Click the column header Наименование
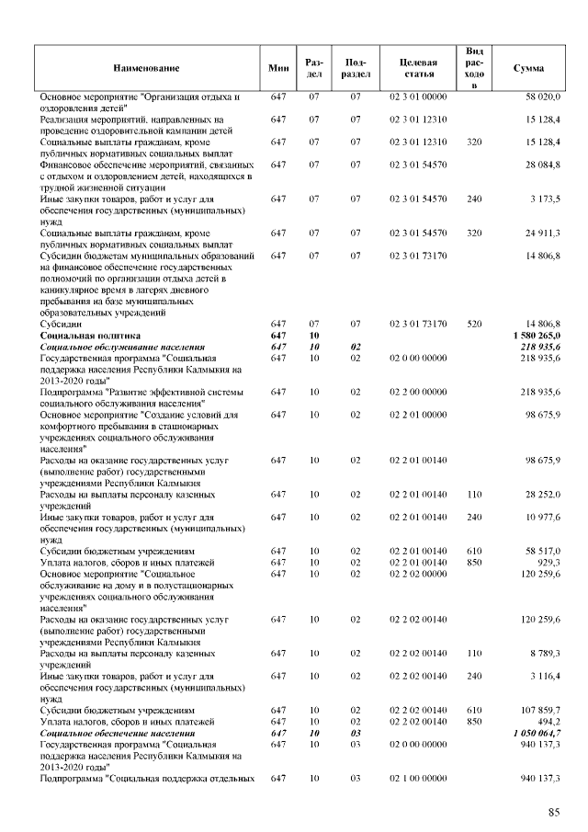(x=146, y=69)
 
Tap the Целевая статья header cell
(x=418, y=69)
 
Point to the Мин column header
(x=278, y=69)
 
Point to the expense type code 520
(x=474, y=325)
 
